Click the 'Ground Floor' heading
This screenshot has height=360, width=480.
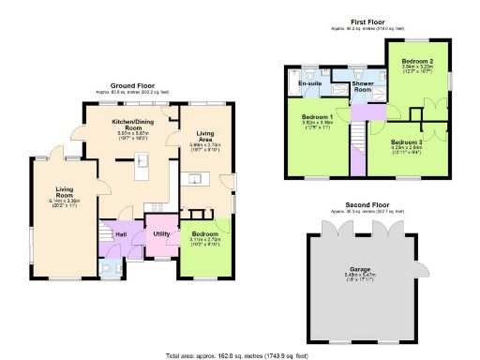pos(132,85)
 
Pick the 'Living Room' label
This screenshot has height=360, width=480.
pos(65,191)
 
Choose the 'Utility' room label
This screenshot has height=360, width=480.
pos(161,232)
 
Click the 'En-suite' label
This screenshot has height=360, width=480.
pos(311,84)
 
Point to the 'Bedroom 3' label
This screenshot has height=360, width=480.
pos(407,142)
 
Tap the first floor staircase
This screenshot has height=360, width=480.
pos(357,140)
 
